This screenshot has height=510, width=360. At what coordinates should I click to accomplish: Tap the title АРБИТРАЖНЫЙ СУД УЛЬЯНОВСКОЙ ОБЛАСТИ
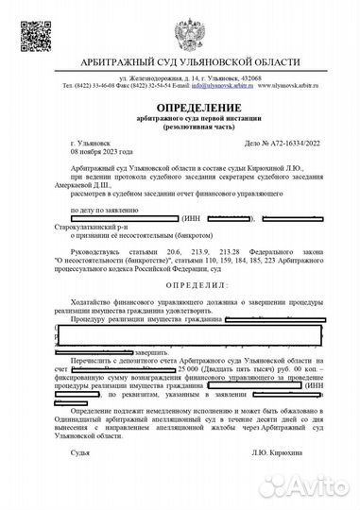tap(180, 60)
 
